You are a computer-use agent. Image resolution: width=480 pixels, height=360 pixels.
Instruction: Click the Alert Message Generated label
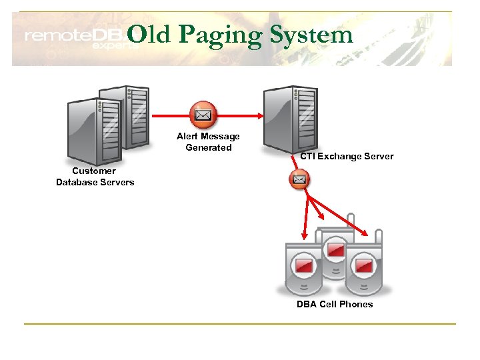tap(208, 142)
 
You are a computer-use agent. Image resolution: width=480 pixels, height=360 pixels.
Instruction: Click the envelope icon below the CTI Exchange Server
tap(299, 179)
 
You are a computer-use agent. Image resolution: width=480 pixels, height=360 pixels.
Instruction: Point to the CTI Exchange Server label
tap(347, 157)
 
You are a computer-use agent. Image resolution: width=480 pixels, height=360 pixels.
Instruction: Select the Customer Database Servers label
tap(95, 177)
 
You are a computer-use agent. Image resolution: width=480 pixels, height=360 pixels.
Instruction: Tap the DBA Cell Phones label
tap(335, 304)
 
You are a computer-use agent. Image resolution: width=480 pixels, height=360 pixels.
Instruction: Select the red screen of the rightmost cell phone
tap(364, 265)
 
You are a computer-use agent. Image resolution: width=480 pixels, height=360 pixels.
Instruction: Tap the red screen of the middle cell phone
tap(334, 251)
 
